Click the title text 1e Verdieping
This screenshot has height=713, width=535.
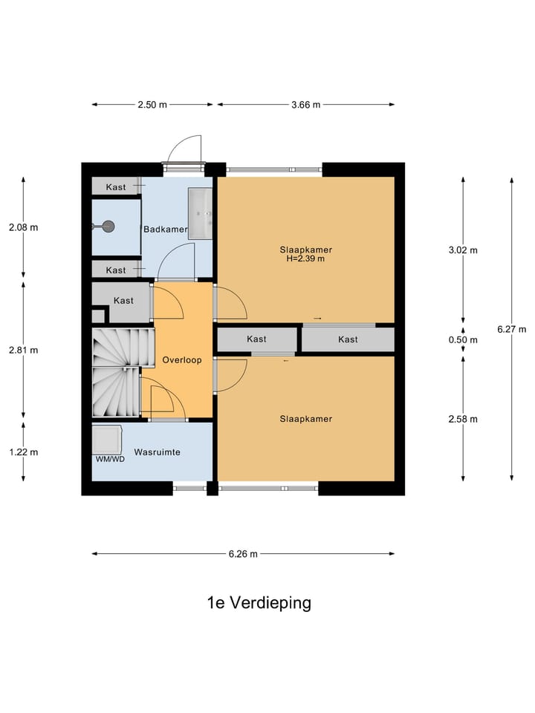point(259,602)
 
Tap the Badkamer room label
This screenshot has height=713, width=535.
point(165,229)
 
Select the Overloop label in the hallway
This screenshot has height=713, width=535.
point(182,359)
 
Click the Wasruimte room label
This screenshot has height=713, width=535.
point(157,452)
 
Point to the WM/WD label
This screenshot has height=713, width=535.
point(108,459)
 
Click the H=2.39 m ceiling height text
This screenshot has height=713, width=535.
point(305,259)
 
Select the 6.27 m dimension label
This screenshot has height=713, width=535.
point(512,330)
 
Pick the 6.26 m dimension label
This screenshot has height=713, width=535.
point(243,553)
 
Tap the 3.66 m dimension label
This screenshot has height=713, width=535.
point(305,105)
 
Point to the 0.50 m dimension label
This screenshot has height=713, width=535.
point(463,340)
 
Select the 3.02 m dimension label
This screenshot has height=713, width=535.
point(463,250)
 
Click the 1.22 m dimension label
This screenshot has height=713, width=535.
point(23,452)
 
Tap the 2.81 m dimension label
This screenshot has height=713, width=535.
point(23,350)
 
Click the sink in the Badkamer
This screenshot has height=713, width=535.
point(201,214)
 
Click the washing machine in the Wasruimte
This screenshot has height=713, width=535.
point(107,439)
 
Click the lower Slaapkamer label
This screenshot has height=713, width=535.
point(305,419)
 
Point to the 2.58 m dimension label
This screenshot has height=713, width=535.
point(463,419)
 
